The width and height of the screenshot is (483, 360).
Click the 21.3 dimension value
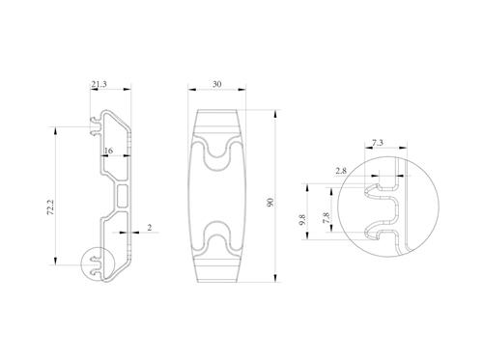pyautogui.click(x=99, y=84)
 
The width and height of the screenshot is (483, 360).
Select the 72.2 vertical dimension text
pyautogui.click(x=51, y=208)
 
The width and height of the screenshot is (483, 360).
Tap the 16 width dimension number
pyautogui.click(x=108, y=151)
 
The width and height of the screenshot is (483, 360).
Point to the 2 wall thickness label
pyautogui.click(x=150, y=228)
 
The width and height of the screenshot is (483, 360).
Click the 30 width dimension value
pyautogui.click(x=217, y=84)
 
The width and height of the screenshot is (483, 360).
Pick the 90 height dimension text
pyautogui.click(x=270, y=203)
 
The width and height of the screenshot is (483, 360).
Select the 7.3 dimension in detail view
pyautogui.click(x=378, y=143)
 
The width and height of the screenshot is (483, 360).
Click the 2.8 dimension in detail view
pyautogui.click(x=341, y=171)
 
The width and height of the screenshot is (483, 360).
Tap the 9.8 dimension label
pyautogui.click(x=302, y=220)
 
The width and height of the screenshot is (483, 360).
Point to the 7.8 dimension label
pyautogui.click(x=327, y=218)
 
